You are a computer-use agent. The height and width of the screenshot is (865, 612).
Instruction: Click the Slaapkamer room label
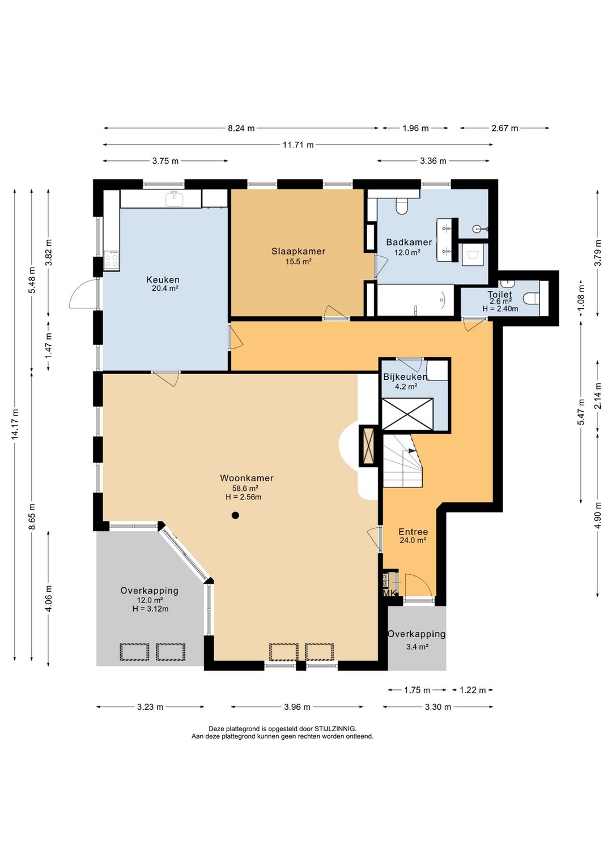click(298, 251)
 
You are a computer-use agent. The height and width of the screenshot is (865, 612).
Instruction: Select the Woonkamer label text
click(246, 478)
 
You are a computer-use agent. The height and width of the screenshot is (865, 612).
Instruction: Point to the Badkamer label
click(409, 242)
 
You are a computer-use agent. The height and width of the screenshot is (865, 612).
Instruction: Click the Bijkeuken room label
click(405, 376)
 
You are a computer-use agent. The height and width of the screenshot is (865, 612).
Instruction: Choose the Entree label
click(413, 532)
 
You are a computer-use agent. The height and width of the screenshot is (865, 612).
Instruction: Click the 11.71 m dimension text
click(297, 145)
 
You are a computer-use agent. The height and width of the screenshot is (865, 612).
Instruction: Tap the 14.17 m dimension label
click(15, 423)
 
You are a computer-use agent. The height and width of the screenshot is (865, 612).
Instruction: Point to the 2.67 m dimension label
click(505, 128)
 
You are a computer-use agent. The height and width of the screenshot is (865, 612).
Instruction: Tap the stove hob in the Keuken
click(112, 258)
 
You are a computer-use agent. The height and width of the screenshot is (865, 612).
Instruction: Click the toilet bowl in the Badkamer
click(402, 206)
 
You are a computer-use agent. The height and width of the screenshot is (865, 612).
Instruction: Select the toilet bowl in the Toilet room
click(531, 298)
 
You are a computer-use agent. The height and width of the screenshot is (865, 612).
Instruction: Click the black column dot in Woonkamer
click(235, 515)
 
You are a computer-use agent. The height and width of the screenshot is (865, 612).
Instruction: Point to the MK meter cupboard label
click(389, 593)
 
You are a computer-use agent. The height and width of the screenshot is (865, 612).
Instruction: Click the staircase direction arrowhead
click(412, 451)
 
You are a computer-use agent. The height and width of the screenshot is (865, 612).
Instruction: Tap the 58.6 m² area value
click(245, 487)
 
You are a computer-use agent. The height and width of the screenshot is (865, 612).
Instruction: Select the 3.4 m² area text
click(417, 647)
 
